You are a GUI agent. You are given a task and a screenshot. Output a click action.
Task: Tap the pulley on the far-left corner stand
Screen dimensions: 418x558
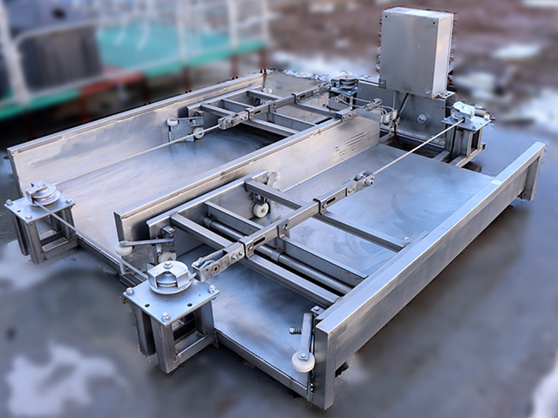40,193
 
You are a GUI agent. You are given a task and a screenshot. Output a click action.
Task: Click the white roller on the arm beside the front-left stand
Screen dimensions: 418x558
125,249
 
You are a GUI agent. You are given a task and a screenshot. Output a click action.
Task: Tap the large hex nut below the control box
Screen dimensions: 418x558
422,118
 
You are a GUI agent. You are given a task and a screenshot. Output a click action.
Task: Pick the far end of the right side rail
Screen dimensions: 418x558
532,165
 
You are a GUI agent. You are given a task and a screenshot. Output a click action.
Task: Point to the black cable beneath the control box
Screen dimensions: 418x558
402,108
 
